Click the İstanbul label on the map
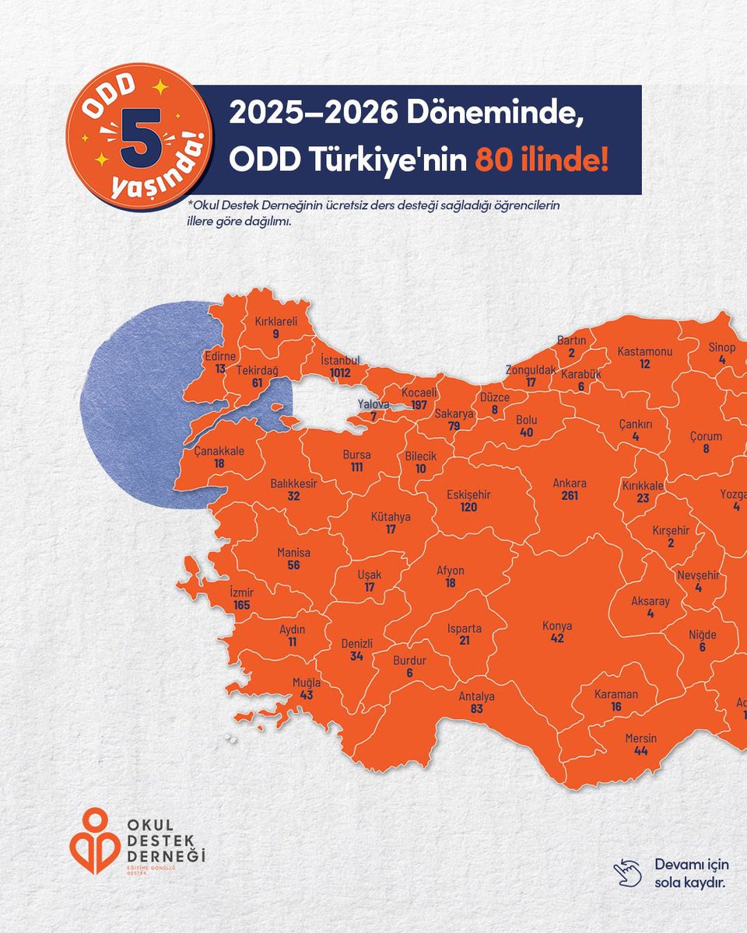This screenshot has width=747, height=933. (x=340, y=361)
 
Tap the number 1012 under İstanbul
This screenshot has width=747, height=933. (x=340, y=372)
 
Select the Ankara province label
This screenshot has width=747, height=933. (x=570, y=483)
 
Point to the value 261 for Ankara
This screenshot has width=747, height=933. (x=570, y=495)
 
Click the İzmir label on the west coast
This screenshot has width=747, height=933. (x=242, y=592)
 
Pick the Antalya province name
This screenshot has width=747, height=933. (x=476, y=697)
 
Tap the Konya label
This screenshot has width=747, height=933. (x=557, y=626)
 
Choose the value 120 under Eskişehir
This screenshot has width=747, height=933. (x=468, y=507)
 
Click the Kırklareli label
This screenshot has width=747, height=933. (x=276, y=321)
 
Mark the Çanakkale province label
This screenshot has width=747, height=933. (x=219, y=451)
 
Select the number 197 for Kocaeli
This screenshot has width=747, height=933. (x=419, y=406)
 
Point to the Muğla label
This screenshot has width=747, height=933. (x=306, y=683)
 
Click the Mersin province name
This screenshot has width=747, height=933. (x=641, y=738)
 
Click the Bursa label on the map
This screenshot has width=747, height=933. (x=357, y=455)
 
